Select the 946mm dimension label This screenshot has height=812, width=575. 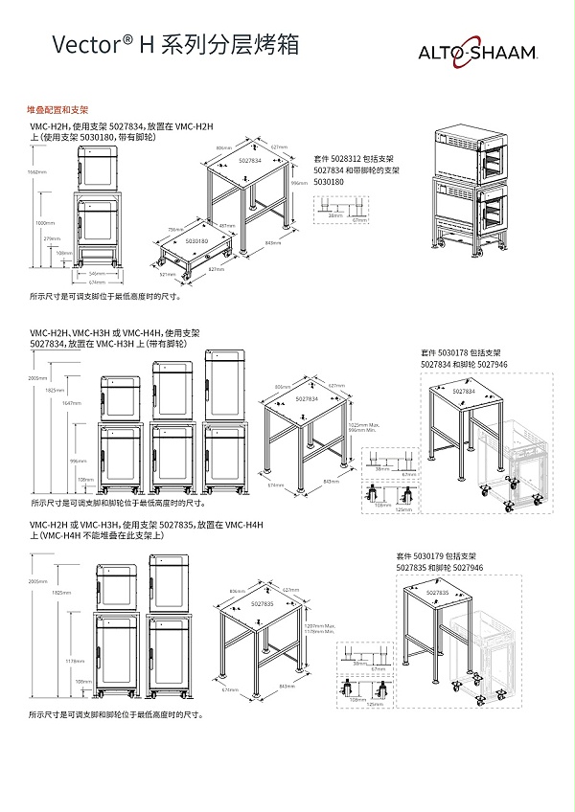click(300, 182)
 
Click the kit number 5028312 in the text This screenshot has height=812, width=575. click(355, 159)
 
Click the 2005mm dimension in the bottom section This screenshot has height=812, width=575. click(38, 581)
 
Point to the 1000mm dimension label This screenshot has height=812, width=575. click(44, 222)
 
